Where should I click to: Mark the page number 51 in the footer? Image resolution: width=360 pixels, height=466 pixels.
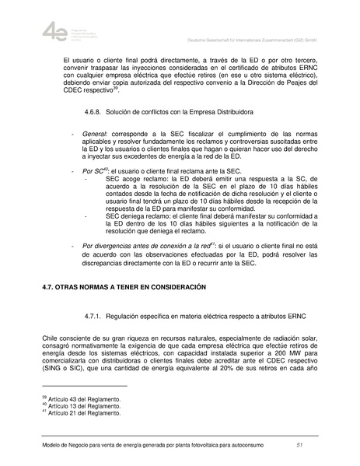(299, 444)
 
